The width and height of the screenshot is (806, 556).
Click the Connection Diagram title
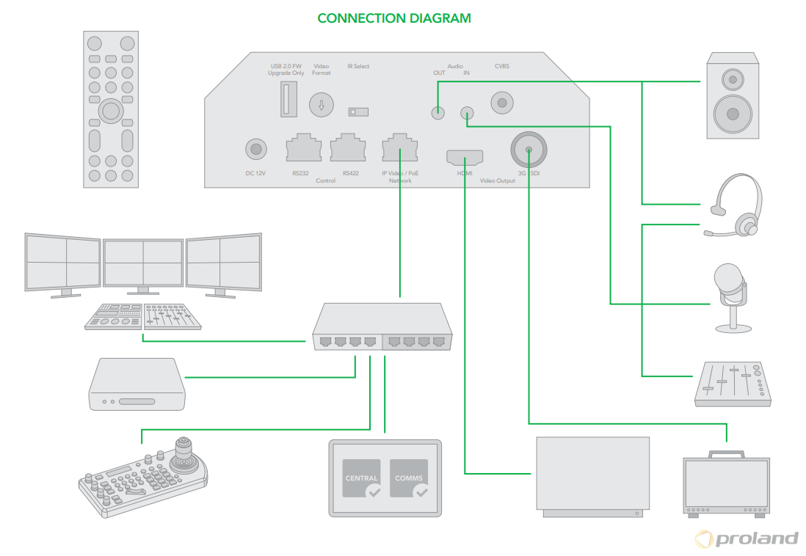[x=394, y=18]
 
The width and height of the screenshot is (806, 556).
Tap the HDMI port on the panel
[x=465, y=156]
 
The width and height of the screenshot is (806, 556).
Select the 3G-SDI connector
[x=529, y=150]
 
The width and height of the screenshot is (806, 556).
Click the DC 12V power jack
[x=255, y=150]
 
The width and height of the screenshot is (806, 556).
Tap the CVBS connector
[x=502, y=103]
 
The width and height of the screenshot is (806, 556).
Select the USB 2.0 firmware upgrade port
[x=286, y=98]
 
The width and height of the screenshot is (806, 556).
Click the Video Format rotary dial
[x=321, y=104]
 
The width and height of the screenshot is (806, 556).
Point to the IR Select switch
[x=357, y=111]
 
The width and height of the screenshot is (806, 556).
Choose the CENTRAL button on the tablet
[x=361, y=479]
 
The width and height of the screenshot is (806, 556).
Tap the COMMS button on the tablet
[x=409, y=479]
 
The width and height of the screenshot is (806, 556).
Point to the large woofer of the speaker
[x=732, y=113]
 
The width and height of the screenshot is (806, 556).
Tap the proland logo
[x=746, y=538]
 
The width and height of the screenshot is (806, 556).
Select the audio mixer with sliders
[x=733, y=384]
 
